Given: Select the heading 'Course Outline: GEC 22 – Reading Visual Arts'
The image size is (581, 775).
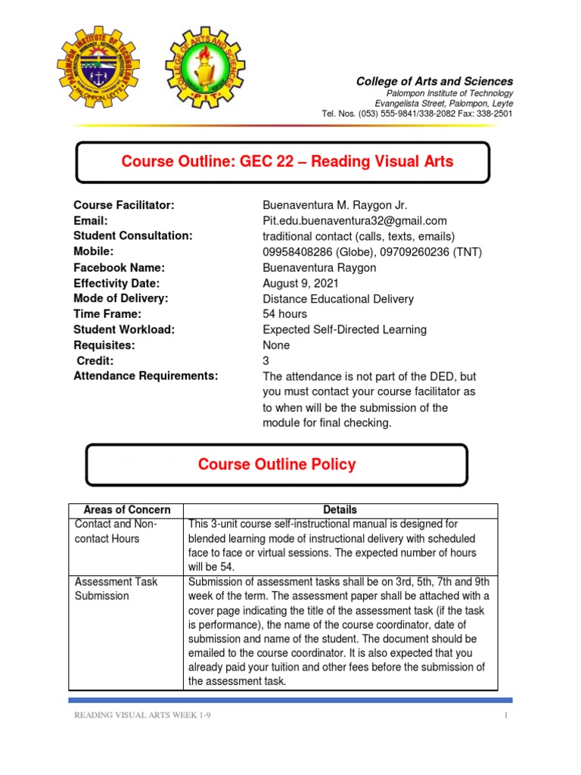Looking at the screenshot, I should pyautogui.click(x=287, y=161).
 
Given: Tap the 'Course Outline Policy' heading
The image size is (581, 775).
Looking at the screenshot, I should pyautogui.click(x=276, y=465).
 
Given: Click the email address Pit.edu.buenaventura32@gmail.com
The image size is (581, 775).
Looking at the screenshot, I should pyautogui.click(x=354, y=221).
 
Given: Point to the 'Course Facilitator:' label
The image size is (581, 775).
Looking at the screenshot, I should pyautogui.click(x=124, y=205).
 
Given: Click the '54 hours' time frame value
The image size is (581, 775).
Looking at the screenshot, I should pyautogui.click(x=284, y=314).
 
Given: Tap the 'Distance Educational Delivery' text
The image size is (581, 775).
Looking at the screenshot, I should pyautogui.click(x=337, y=299).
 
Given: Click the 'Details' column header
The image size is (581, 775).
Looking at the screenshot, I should pyautogui.click(x=340, y=510).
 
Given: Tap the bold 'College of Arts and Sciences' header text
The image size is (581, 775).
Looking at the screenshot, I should pyautogui.click(x=434, y=81).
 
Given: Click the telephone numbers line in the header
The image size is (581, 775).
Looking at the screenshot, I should pyautogui.click(x=417, y=114).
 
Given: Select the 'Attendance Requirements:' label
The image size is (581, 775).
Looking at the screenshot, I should pyautogui.click(x=145, y=375).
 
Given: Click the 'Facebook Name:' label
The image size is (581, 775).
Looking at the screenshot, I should pyautogui.click(x=119, y=267).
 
